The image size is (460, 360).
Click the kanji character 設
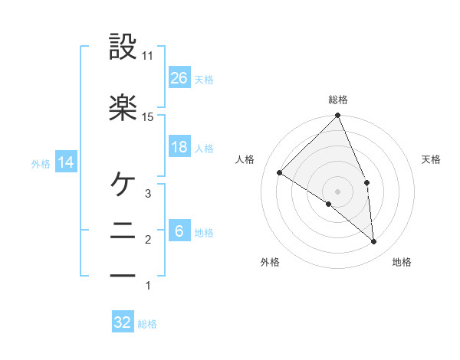pyautogui.click(x=123, y=47)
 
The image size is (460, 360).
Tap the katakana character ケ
pyautogui.click(x=123, y=184)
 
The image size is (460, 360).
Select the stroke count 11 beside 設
pyautogui.click(x=148, y=56)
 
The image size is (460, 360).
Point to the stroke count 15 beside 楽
pyautogui.click(x=148, y=116)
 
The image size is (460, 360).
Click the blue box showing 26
pyautogui.click(x=179, y=77)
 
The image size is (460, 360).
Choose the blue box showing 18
pyautogui.click(x=179, y=148)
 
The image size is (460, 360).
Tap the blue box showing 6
pyautogui.click(x=179, y=232)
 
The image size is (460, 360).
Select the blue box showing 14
pyautogui.click(x=66, y=162)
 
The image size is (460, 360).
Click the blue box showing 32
pyautogui.click(x=123, y=322)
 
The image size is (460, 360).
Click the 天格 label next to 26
pyautogui.click(x=204, y=79)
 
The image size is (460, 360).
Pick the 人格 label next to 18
pyautogui.click(x=204, y=149)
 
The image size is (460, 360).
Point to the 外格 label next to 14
pyautogui.click(x=41, y=163)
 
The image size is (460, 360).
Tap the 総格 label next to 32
pyautogui.click(x=147, y=324)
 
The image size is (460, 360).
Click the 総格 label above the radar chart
pyautogui.click(x=338, y=100)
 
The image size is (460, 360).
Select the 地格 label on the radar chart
pyautogui.click(x=402, y=263)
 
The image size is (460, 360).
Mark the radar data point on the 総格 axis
pyautogui.click(x=338, y=116)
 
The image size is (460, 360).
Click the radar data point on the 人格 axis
pyautogui.click(x=280, y=173)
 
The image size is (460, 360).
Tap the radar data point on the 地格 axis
pyautogui.click(x=374, y=242)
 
